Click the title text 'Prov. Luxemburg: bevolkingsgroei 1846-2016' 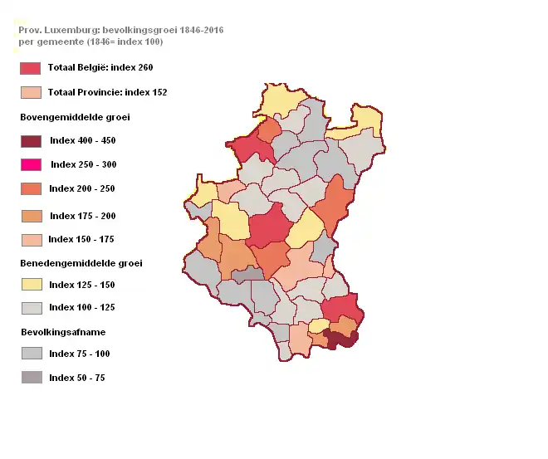(120, 30)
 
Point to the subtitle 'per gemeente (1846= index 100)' (91, 42)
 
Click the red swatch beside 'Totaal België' (31, 68)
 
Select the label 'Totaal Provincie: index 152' (107, 92)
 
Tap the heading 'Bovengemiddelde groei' (75, 117)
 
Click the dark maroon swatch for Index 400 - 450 (31, 141)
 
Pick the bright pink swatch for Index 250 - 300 (31, 164)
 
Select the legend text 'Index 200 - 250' (81, 188)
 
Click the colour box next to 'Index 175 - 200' (31, 216)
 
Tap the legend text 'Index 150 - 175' (81, 239)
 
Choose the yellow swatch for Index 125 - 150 (31, 285)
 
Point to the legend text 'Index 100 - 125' (81, 307)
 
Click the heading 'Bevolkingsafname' (62, 332)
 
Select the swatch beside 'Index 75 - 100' (31, 354)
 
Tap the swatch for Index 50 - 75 (31, 378)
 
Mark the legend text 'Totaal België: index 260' (100, 67)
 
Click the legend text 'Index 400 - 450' (82, 141)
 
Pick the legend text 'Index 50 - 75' (76, 378)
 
